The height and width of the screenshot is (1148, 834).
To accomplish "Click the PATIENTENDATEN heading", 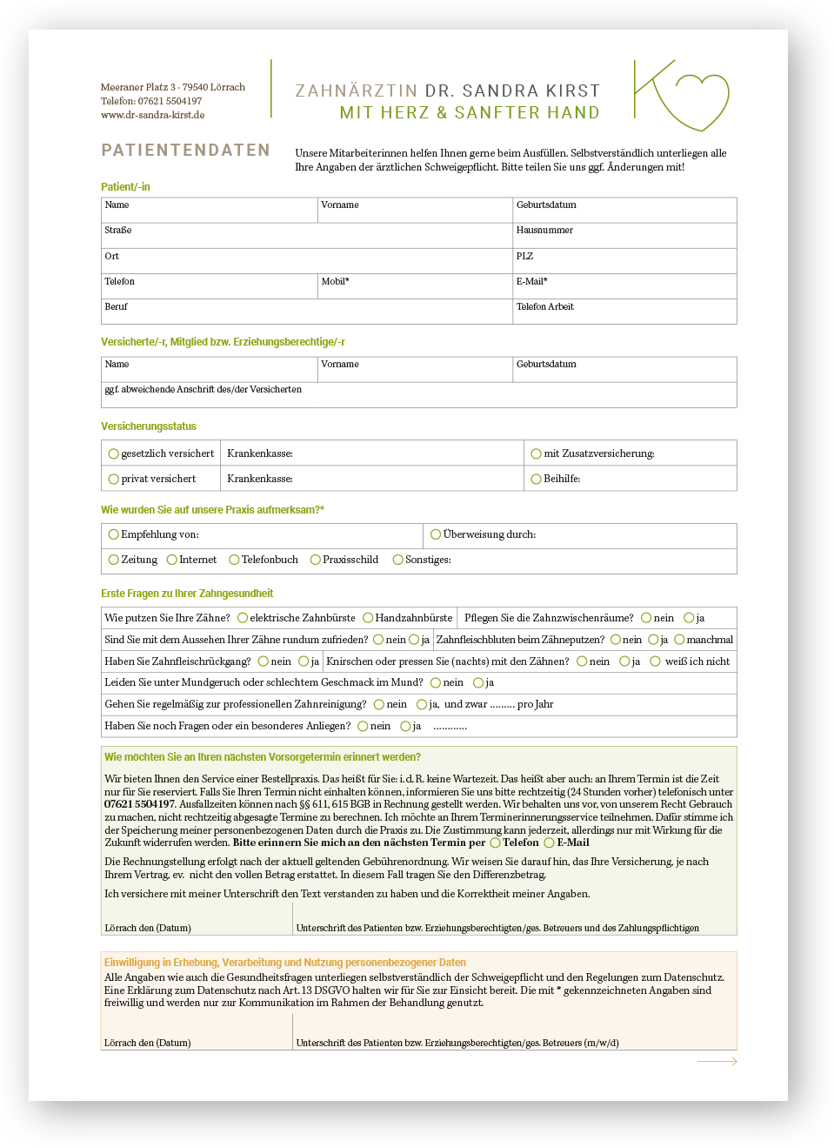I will coord(185,151).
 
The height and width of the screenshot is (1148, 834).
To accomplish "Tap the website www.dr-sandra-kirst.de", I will coord(152,115).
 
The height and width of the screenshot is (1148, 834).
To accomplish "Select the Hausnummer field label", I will coord(544,231).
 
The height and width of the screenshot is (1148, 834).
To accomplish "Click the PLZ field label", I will coord(524,256).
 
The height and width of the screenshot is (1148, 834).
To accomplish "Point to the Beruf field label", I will coord(116,307).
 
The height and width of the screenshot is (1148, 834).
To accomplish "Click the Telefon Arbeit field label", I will coord(544,307).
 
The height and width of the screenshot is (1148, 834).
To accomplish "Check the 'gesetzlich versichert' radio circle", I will coord(114,453).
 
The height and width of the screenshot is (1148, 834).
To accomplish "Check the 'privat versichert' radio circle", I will coord(114,479).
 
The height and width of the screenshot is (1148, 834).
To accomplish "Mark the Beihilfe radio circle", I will coord(537,479).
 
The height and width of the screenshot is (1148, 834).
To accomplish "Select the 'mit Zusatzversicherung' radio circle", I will coord(537,453).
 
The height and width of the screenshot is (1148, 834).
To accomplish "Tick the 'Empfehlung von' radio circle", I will coord(114,534).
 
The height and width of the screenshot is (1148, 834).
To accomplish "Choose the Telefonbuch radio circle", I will coord(234,560).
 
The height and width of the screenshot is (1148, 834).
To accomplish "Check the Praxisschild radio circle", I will coord(316,560).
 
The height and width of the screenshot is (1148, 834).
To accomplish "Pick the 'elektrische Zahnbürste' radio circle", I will coord(243,618).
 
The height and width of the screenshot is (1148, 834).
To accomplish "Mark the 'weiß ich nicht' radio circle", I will coord(656,661).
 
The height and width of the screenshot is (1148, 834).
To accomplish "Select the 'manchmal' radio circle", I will coord(679,640).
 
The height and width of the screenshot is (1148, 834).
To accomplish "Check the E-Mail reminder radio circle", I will coord(549,843).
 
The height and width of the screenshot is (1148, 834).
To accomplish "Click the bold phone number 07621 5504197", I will coord(139,804).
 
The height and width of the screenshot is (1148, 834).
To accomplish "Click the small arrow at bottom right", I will coord(717,1061).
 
